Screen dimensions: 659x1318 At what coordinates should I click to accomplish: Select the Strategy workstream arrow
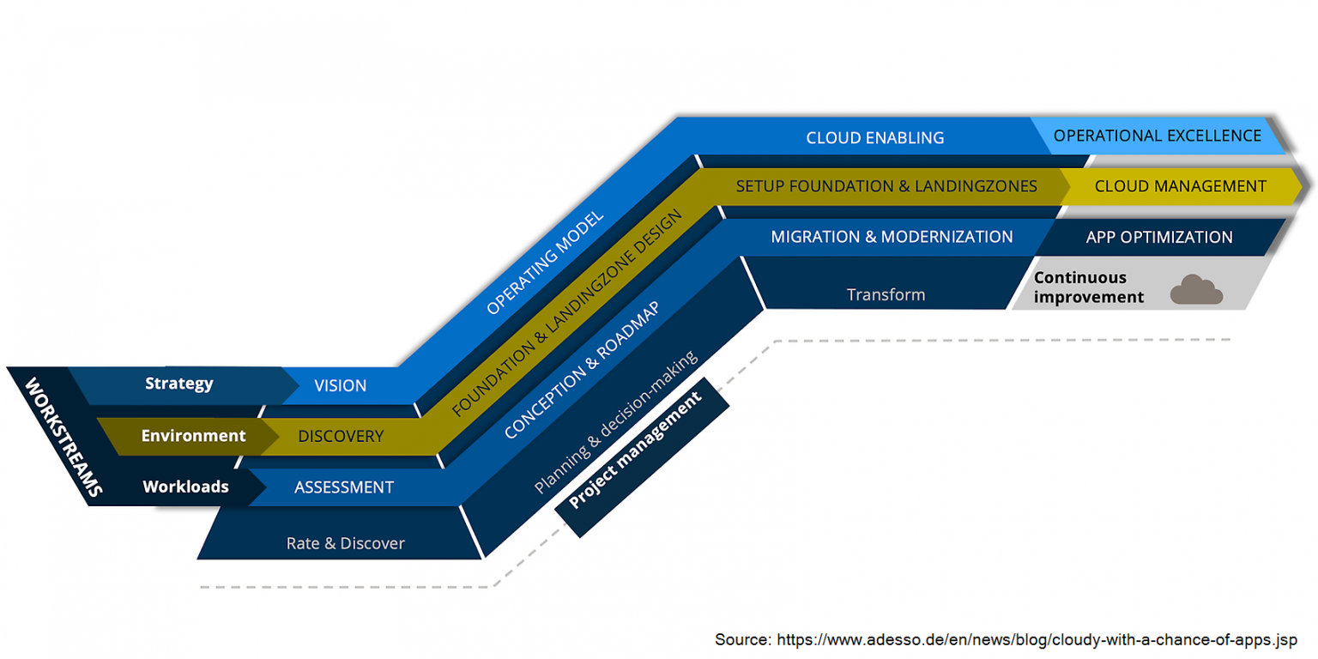pos(178,384)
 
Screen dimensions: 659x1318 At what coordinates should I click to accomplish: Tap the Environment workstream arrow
pos(193,436)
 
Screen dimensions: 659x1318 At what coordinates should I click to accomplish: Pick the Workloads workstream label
pos(185,487)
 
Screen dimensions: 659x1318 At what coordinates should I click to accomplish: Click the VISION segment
pos(340,386)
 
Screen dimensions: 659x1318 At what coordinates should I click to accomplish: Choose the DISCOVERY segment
pos(341,437)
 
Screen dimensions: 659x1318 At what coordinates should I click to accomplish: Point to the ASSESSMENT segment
pos(344,487)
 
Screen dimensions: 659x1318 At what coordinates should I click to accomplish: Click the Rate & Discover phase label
pos(345,543)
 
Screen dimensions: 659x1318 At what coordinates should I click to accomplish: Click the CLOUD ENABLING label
pos(874,137)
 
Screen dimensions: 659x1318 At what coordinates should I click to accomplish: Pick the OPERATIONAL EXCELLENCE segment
pos(1157,136)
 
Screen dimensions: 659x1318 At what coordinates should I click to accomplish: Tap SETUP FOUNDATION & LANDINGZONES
pos(886,186)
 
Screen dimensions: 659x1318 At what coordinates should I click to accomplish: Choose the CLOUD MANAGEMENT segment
pos(1180,186)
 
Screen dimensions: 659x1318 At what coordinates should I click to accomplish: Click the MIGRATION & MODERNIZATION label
pos(892,236)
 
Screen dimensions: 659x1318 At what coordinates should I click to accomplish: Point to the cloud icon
pos(1196,291)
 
